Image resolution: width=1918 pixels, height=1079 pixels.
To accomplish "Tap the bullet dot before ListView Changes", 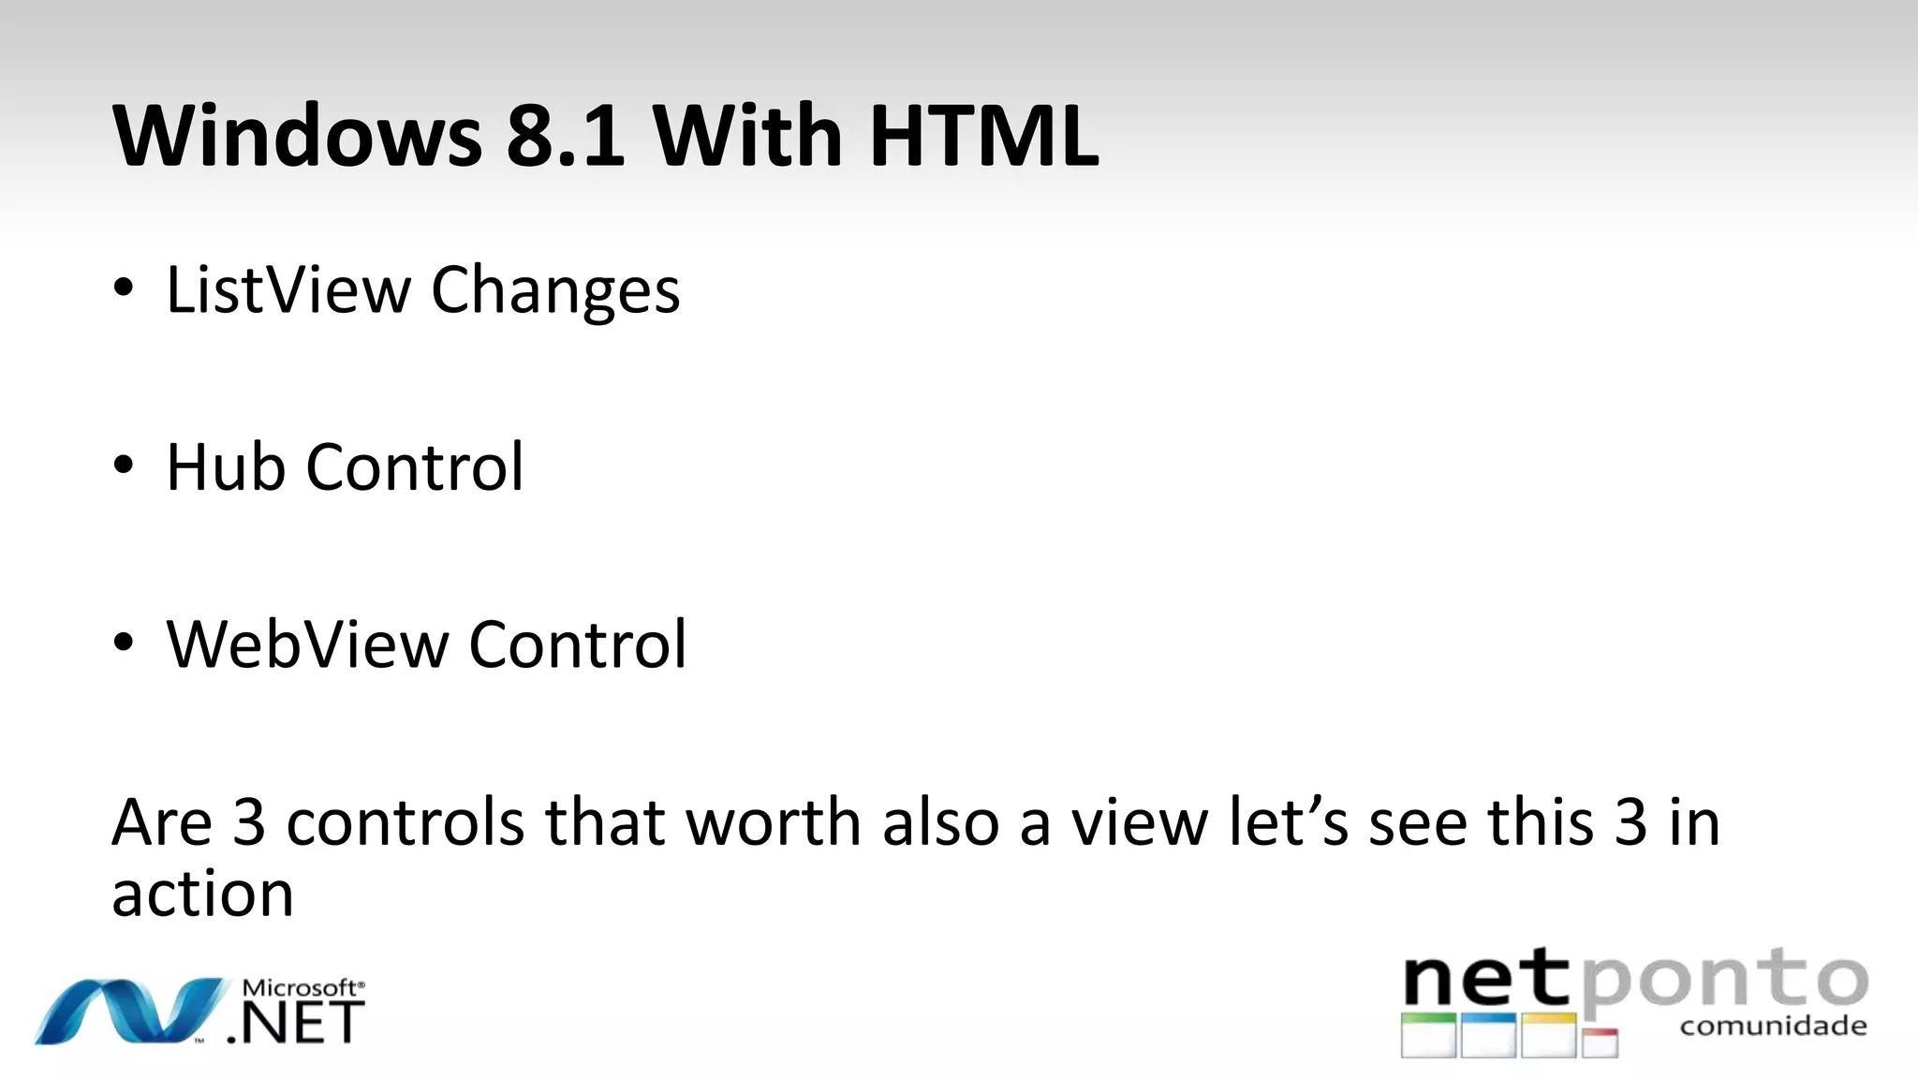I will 124,288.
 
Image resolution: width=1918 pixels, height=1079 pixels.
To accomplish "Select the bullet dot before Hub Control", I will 124,466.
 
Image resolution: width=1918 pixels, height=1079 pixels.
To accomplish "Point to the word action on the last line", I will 202,894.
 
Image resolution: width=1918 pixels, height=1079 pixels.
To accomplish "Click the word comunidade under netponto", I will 1773,1027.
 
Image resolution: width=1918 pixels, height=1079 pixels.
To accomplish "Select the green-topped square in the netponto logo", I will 1428,1035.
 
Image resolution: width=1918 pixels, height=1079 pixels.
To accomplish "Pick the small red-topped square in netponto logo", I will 1601,1042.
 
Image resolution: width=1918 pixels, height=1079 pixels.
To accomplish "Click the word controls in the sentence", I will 405,822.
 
